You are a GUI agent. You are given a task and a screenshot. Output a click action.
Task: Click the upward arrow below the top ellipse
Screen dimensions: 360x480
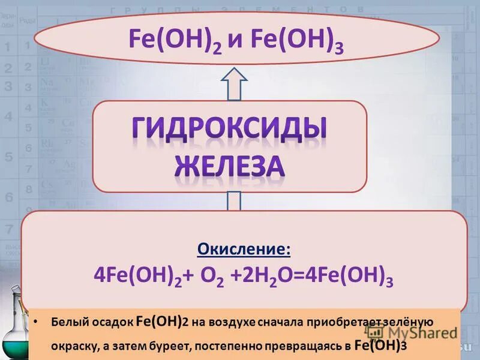pos(235,83)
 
